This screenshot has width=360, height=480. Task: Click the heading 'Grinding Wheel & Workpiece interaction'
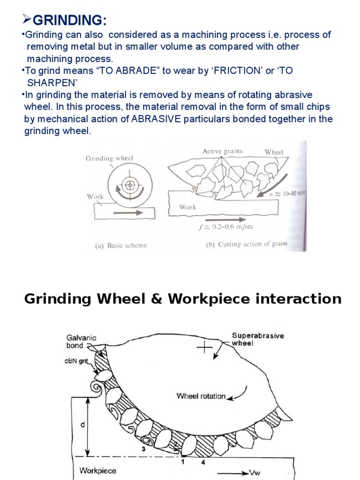point(182,299)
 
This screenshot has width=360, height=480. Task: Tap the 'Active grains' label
point(222,151)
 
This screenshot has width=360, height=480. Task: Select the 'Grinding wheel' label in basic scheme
point(109,158)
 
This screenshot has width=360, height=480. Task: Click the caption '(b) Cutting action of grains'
point(247,244)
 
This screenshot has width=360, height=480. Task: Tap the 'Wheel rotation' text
point(201,396)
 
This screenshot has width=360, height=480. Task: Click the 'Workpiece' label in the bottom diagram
point(98,470)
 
